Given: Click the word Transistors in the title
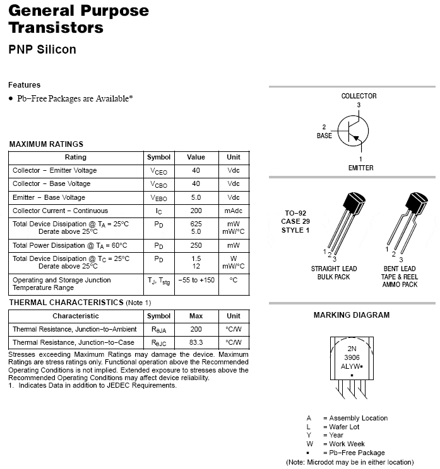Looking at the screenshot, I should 56,28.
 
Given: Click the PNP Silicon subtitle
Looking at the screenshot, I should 42,49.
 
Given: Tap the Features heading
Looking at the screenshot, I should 25,85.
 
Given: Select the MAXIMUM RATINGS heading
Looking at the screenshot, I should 46,144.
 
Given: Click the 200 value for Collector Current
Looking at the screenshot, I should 196,211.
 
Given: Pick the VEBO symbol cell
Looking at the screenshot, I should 158,198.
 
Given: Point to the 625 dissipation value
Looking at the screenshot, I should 196,224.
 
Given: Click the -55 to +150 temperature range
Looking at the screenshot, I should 196,280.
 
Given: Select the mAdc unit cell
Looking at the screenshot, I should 234,211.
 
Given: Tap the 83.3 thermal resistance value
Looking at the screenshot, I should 196,342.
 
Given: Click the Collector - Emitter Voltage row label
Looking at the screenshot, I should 55,170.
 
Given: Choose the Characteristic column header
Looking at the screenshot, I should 76,316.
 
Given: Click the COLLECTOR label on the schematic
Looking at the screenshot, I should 359,96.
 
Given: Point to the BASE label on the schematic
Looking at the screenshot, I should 324,136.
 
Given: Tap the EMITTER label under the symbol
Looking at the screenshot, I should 360,168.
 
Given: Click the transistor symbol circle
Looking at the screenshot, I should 354,131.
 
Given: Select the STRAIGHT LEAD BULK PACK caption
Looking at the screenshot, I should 334,272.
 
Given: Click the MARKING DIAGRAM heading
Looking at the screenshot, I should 352,315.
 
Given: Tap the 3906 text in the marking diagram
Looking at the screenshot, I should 352,356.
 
